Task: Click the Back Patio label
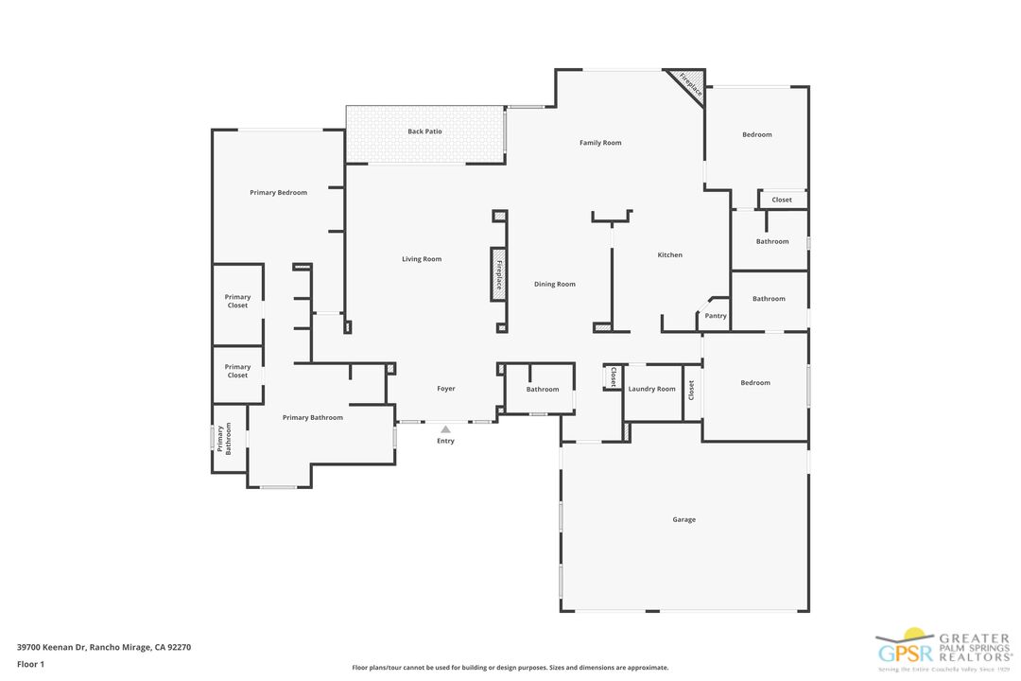point(424,131)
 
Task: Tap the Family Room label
point(600,143)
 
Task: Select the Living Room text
point(422,259)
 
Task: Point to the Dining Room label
point(554,284)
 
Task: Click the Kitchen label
point(669,254)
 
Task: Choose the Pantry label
point(716,316)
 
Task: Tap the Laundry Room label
point(652,389)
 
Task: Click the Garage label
point(684,519)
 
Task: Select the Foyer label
point(445,389)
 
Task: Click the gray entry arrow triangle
point(445,429)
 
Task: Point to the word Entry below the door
point(445,441)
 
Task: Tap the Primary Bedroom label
point(278,193)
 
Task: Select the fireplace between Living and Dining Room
point(498,274)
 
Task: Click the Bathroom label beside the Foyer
point(543,389)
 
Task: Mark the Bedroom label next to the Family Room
point(756,134)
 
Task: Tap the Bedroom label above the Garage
point(754,383)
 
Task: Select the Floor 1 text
point(30,664)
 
